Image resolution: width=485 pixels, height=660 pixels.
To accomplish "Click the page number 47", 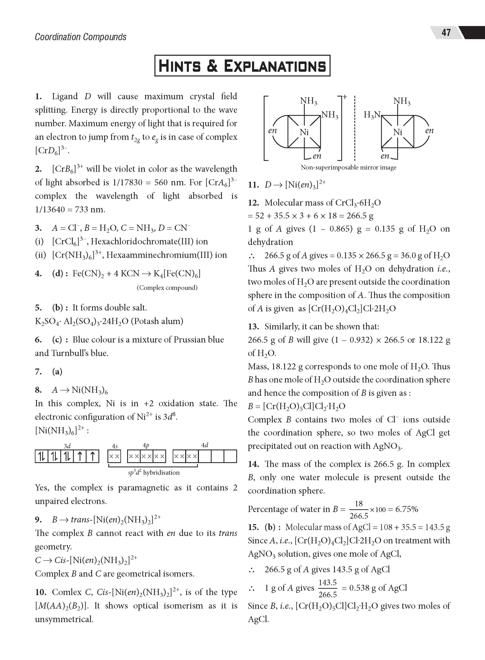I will coord(446,32).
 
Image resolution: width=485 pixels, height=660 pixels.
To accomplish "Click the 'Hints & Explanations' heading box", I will coord(242,66).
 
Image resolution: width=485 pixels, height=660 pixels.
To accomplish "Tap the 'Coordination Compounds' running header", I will coord(80,37).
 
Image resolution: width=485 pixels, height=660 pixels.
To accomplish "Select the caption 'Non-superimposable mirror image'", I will coord(348,168).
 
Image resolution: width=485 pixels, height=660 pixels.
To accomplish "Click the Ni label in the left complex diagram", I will coord(304,132).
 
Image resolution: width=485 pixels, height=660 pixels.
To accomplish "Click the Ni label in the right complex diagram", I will coord(398,132).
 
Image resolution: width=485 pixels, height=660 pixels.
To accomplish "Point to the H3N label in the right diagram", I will coord(372,115).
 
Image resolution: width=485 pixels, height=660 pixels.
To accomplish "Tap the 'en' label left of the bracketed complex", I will coord(272,131).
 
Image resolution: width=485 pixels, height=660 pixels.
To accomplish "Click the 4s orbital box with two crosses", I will coord(115,456).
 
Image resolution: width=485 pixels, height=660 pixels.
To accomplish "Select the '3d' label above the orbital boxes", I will coord(67,446).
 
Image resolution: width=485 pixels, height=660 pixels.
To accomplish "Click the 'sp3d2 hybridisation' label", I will coord(154,472).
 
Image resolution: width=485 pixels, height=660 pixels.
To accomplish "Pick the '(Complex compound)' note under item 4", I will coord(167,287).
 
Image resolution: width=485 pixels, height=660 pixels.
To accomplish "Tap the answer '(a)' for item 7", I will coord(57,372).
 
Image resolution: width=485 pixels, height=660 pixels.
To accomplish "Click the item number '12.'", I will coord(253,203).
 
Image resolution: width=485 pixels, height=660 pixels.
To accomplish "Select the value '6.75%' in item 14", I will coord(407,509).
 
